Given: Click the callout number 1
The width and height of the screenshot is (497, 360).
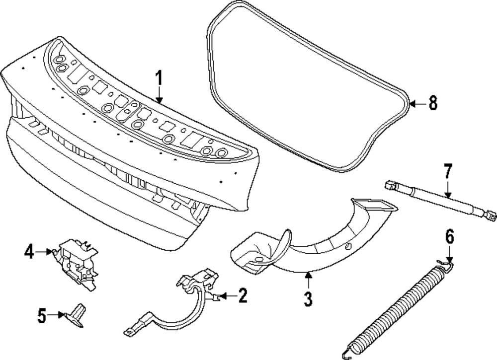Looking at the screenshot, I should (159, 78).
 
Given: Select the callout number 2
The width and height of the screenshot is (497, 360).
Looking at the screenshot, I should (242, 296).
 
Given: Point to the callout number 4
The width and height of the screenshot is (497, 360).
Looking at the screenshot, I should (29, 252).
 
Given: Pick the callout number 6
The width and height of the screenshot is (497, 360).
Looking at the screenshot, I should (449, 238).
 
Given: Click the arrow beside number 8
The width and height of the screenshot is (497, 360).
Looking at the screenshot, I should (417, 104).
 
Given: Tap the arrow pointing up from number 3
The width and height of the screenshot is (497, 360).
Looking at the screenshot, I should (308, 281).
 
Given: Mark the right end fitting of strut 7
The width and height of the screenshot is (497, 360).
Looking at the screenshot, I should (491, 215).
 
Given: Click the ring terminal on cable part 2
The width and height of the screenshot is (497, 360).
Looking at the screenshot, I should (127, 330).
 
